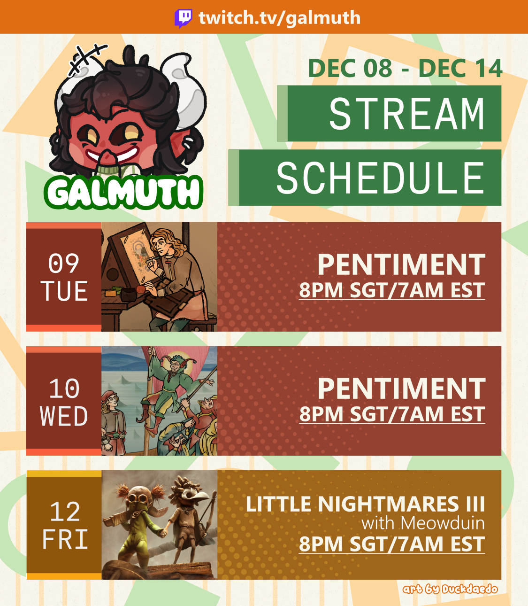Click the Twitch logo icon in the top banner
click(x=184, y=18)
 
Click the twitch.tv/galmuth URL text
click(x=280, y=18)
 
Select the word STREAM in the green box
click(x=407, y=114)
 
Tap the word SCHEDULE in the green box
click(x=381, y=178)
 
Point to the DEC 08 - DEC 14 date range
click(x=405, y=68)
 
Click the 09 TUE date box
click(x=64, y=277)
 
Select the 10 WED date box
click(x=64, y=401)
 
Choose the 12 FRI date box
click(x=64, y=525)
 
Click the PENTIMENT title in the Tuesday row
click(x=401, y=264)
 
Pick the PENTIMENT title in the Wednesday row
click(x=401, y=388)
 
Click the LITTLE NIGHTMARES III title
click(x=365, y=504)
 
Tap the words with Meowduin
click(x=423, y=523)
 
